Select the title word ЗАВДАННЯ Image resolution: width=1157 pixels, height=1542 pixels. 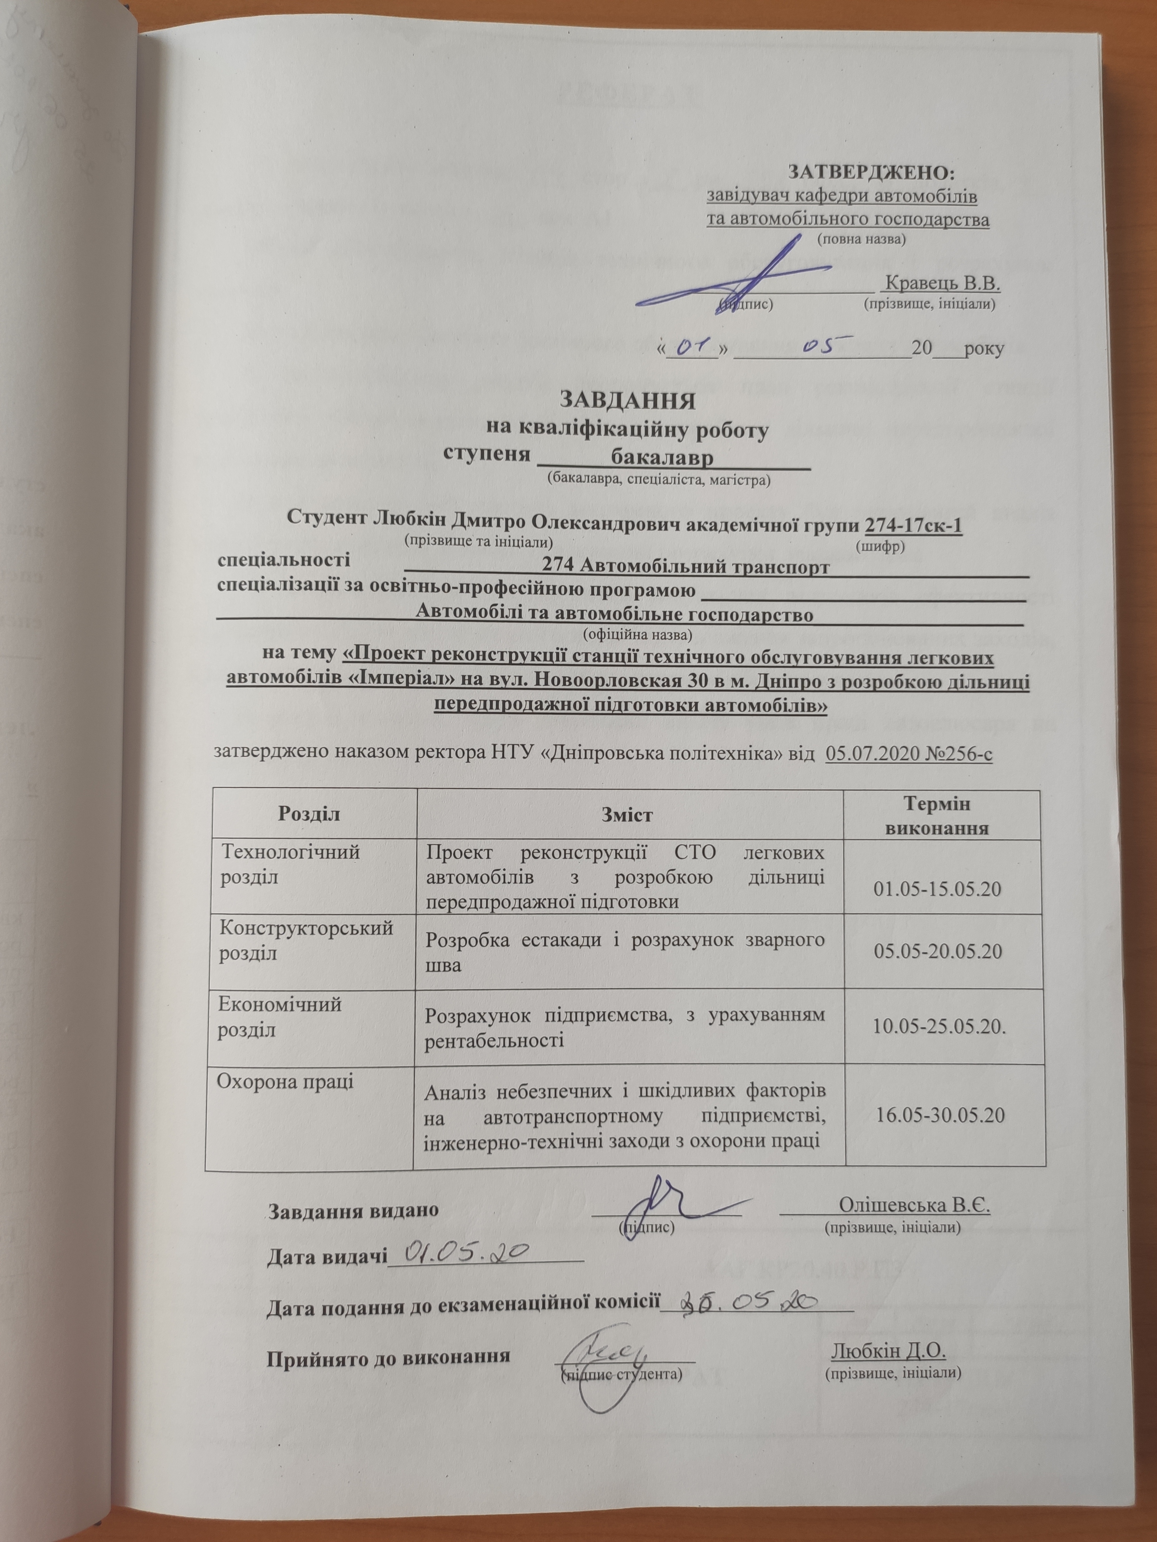(627, 402)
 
